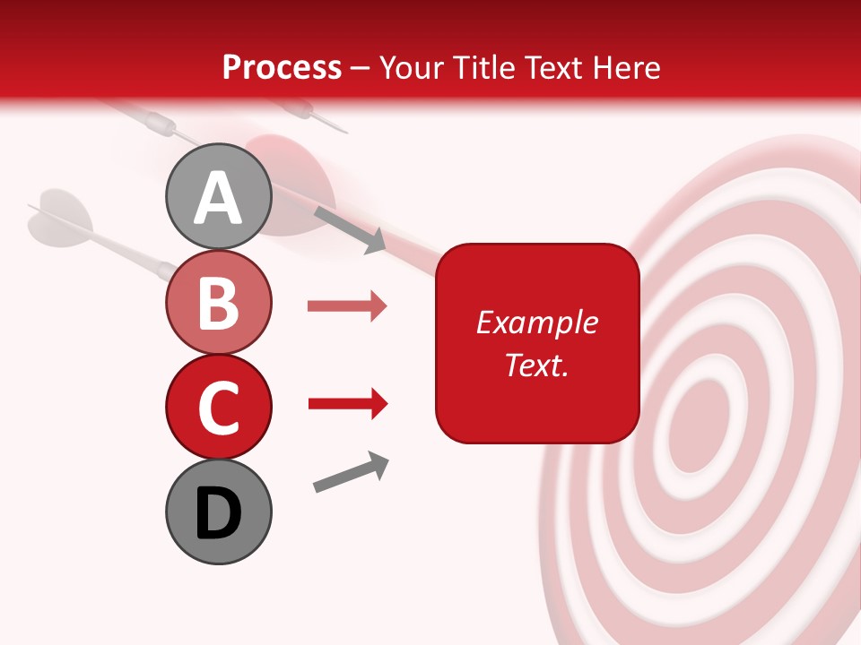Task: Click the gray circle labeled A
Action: click(218, 197)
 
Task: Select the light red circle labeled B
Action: click(218, 303)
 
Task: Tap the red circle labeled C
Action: click(218, 407)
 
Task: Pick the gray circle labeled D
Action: click(218, 512)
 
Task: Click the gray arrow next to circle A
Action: click(350, 229)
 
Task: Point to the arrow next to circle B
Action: click(347, 306)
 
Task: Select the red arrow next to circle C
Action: click(347, 404)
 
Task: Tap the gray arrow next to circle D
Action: click(351, 472)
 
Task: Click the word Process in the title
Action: click(282, 68)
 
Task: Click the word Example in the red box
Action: click(536, 322)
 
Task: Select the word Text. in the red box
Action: click(536, 365)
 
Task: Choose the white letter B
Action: click(218, 303)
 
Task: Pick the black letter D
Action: click(218, 513)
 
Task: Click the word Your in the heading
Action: click(412, 68)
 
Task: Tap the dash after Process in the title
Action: click(361, 68)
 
